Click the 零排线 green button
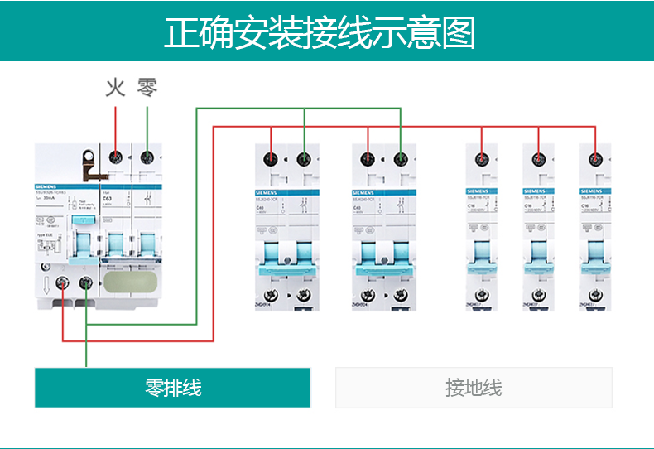coord(172,388)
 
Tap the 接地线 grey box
coord(474,388)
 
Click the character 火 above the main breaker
coord(115,87)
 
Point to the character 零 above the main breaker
coord(147,87)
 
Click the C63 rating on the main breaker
coord(107,199)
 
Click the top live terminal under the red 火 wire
coord(116,157)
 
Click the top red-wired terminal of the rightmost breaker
coord(595,157)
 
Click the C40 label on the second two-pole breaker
coord(358,207)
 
